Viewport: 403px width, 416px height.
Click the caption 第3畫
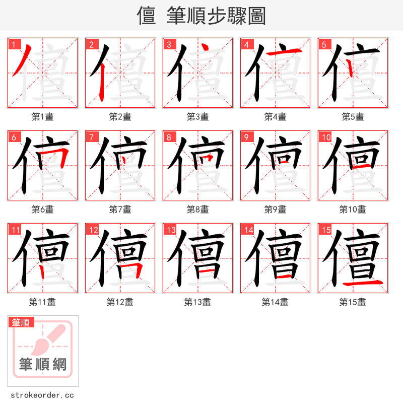(197, 117)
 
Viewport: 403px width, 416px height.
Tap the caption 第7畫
(120, 210)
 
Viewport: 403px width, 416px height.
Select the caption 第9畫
(275, 210)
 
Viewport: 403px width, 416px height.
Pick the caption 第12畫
(120, 302)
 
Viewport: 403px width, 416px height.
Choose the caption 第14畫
(275, 302)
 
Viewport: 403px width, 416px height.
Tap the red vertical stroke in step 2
(102, 81)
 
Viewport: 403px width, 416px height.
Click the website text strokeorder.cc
(42, 395)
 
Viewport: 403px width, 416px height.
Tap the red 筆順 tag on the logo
(21, 322)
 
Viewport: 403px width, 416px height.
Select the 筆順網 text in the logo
(42, 364)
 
